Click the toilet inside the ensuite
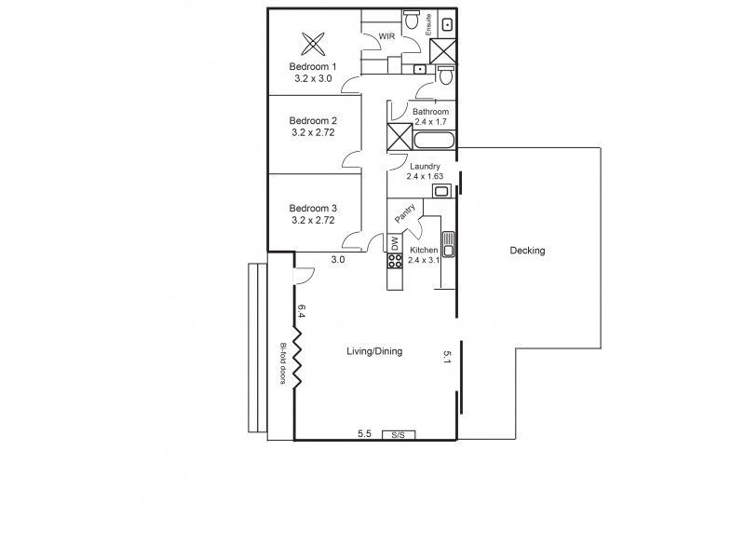click(411, 19)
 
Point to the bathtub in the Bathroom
click(433, 142)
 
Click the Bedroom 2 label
click(312, 121)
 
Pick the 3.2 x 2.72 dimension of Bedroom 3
click(312, 221)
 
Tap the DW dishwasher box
click(395, 243)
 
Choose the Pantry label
click(404, 212)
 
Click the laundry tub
click(441, 191)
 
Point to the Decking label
click(527, 251)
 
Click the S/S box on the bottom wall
click(398, 434)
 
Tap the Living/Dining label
click(374, 352)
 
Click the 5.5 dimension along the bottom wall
click(366, 433)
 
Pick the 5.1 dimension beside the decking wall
click(447, 357)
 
